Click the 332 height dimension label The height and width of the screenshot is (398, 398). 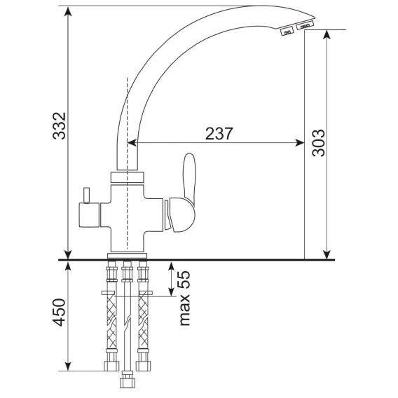60,126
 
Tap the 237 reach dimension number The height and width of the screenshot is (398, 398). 219,134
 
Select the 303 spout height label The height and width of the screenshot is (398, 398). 318,143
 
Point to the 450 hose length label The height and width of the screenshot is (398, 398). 59,313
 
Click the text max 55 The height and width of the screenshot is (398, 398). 184,298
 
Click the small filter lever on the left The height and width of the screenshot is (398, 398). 87,195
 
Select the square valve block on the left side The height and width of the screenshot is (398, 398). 89,215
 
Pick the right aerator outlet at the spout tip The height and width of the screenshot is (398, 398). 305,25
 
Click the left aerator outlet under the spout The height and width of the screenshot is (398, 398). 287,32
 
